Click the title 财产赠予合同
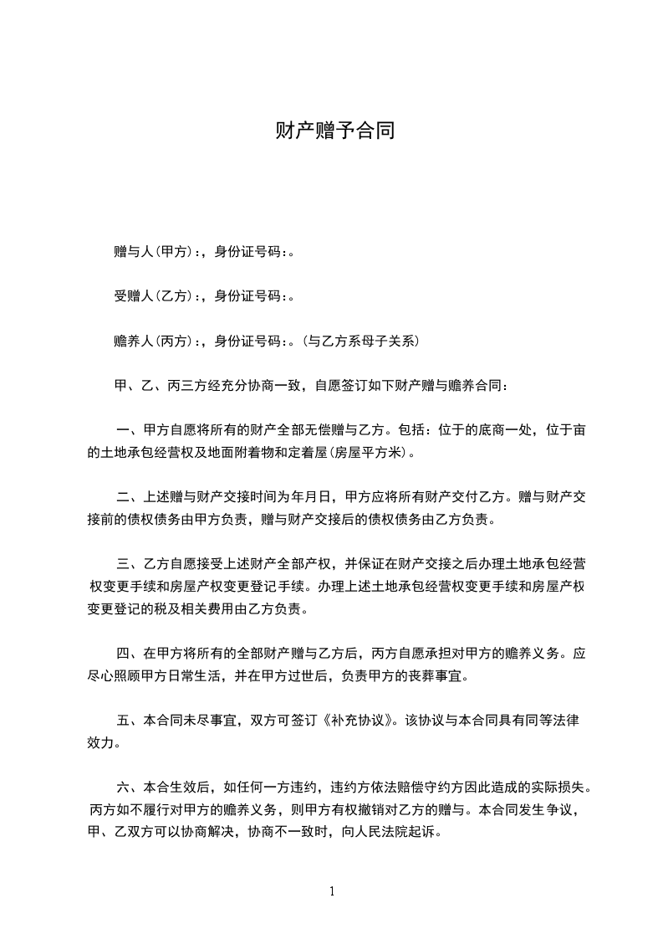[x=331, y=131]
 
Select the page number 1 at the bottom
[x=332, y=891]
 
